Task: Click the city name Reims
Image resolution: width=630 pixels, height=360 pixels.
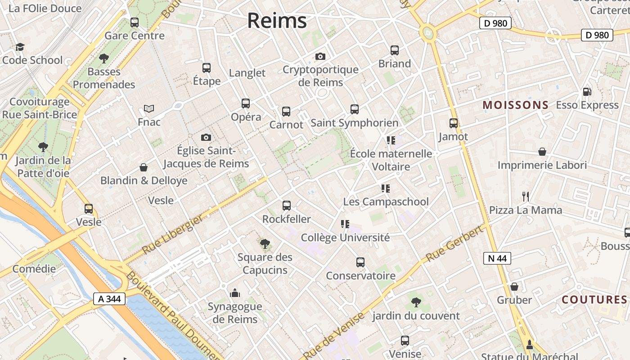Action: click(277, 21)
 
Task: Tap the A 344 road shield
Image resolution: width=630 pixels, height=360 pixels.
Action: click(109, 299)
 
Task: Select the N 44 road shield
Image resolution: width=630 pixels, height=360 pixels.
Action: click(497, 258)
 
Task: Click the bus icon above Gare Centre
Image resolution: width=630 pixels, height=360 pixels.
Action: click(135, 22)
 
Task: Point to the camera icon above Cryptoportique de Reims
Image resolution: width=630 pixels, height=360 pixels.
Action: click(320, 56)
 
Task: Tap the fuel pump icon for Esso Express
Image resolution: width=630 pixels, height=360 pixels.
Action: click(587, 92)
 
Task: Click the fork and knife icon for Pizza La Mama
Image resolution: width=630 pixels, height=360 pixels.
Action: click(525, 196)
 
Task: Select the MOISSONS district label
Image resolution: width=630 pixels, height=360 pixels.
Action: click(515, 105)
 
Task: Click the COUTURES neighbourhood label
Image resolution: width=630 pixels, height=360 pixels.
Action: click(594, 300)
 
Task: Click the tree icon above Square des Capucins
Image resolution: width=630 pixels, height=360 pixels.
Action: click(265, 244)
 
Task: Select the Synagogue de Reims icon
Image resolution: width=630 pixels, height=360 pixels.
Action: click(235, 293)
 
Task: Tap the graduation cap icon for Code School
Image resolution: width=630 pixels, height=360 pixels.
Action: click(20, 47)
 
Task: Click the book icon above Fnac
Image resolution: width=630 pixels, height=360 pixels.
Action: click(149, 108)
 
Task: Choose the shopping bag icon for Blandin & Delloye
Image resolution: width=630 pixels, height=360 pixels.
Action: click(144, 167)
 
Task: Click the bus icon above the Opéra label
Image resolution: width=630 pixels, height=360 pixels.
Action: click(246, 103)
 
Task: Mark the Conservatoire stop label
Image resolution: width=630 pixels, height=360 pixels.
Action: click(360, 276)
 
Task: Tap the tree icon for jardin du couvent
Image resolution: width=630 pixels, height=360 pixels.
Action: click(416, 302)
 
